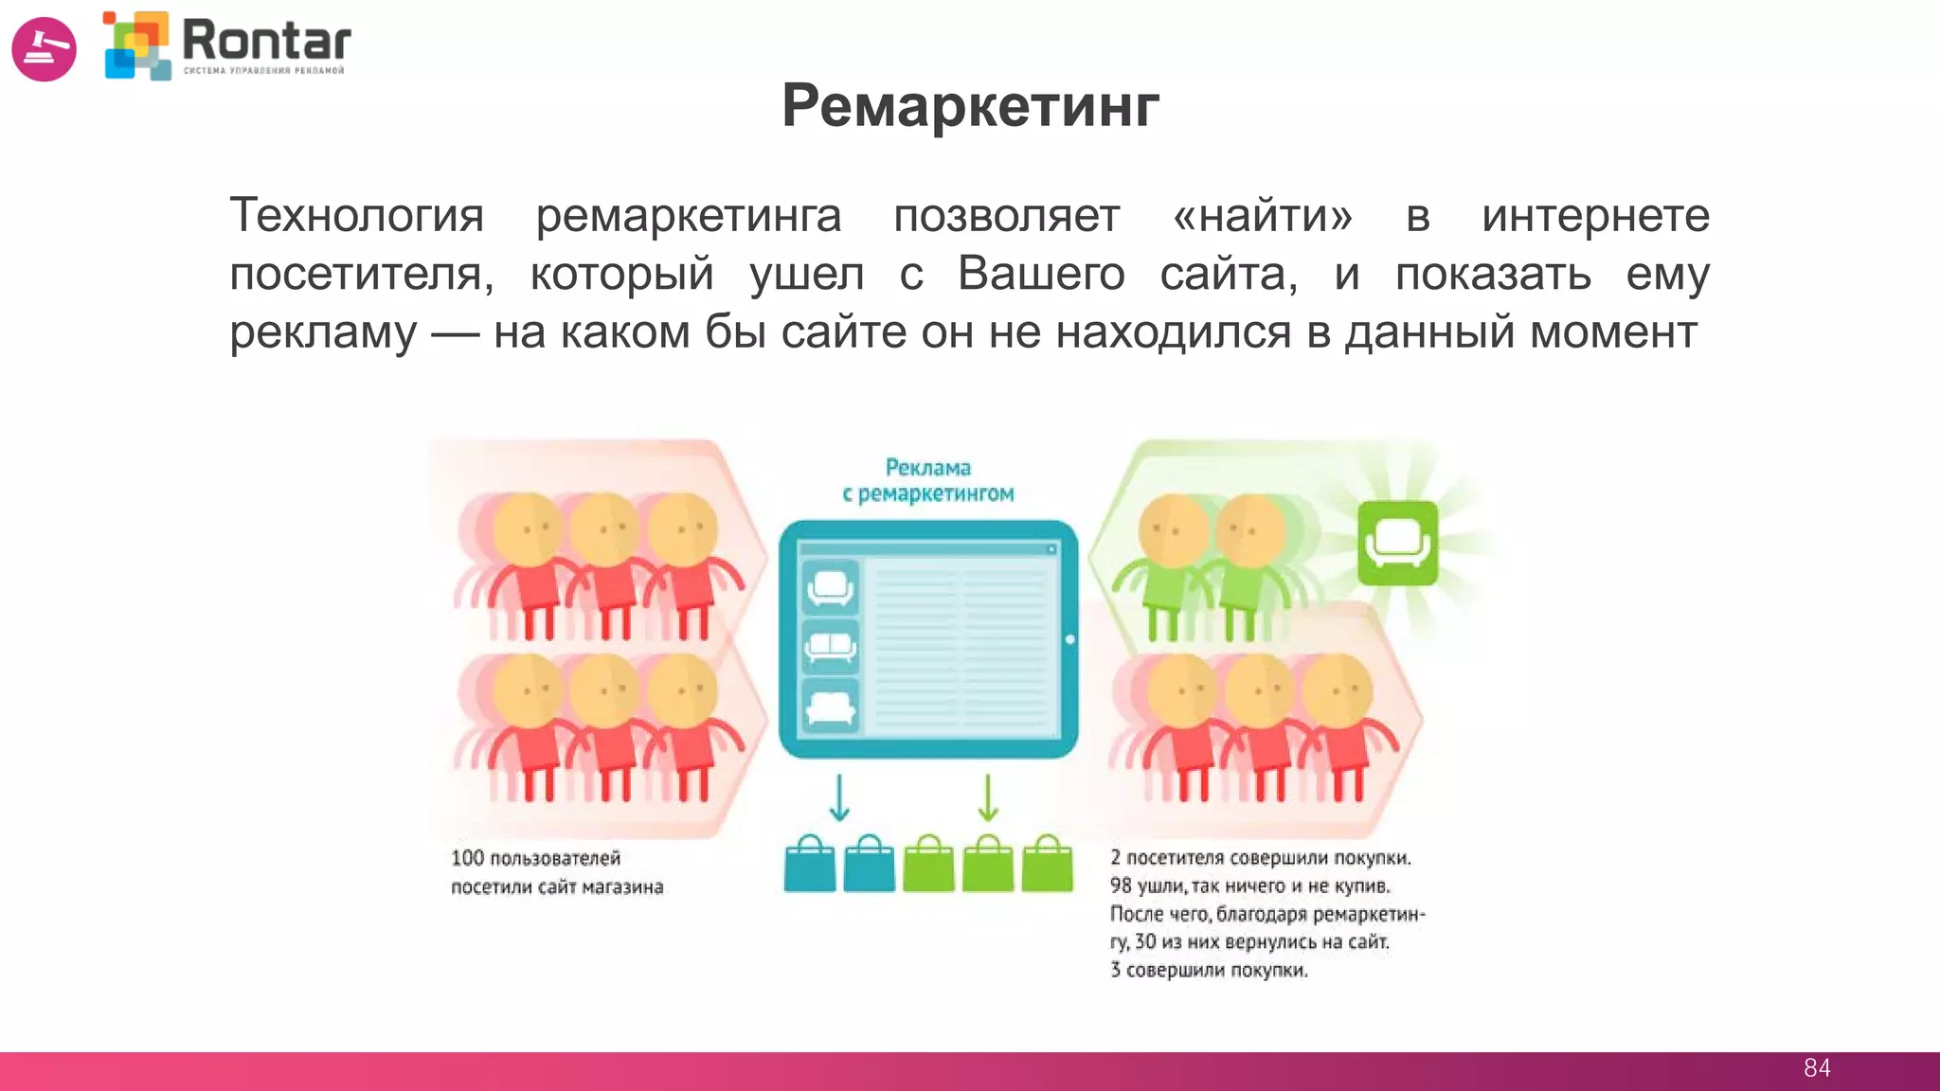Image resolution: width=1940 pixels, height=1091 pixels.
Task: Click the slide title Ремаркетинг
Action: click(x=970, y=105)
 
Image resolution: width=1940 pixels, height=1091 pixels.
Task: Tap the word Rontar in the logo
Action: click(x=266, y=41)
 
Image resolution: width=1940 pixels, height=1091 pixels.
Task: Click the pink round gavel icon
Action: click(x=44, y=48)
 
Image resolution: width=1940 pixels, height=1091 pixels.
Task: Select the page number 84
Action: click(x=1817, y=1068)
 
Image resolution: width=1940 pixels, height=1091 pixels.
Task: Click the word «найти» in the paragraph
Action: click(x=1263, y=215)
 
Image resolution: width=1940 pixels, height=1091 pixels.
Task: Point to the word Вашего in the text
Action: click(x=1041, y=274)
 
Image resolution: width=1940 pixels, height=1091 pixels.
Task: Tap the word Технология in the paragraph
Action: click(x=357, y=215)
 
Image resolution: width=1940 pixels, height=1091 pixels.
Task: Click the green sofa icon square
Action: click(x=1397, y=543)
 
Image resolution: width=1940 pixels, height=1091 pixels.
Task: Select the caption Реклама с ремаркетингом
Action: click(x=928, y=480)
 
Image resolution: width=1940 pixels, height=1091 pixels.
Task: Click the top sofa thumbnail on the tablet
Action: click(x=830, y=587)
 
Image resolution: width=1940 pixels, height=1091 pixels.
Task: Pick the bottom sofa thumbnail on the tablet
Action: click(x=830, y=706)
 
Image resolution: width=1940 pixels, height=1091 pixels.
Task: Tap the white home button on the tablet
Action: click(x=1069, y=639)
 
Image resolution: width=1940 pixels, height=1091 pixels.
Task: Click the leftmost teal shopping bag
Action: click(x=810, y=864)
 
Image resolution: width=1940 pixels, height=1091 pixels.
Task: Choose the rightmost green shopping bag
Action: click(x=1048, y=864)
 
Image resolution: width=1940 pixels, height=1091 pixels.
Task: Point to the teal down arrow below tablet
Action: click(x=839, y=797)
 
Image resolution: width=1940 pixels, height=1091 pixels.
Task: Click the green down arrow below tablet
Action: click(x=988, y=797)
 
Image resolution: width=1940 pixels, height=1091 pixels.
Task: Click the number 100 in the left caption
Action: click(x=467, y=858)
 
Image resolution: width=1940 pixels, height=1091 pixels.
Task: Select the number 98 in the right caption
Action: click(x=1121, y=885)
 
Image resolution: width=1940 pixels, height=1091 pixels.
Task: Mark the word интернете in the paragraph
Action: click(x=1595, y=215)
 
